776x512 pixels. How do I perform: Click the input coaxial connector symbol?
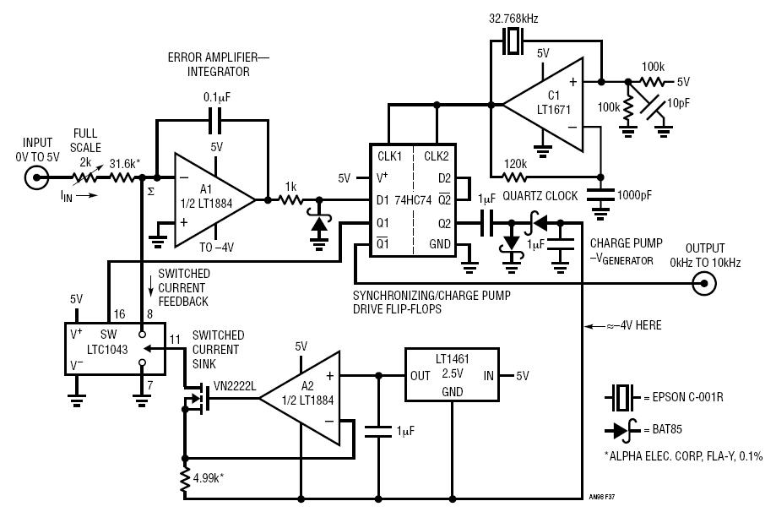point(37,177)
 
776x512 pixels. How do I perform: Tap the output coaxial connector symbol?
point(703,283)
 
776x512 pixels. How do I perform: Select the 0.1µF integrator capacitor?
point(215,120)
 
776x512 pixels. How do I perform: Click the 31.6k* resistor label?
point(125,163)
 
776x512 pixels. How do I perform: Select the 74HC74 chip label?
point(413,200)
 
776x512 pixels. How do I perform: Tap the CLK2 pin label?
point(436,156)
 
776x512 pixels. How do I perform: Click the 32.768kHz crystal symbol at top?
point(513,41)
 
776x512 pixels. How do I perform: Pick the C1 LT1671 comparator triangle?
point(544,105)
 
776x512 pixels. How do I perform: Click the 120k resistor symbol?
point(515,177)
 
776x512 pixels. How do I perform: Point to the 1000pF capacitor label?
point(634,195)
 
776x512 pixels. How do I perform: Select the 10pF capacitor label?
point(678,103)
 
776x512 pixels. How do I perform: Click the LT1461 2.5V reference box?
point(453,374)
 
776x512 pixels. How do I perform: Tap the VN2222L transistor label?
point(235,386)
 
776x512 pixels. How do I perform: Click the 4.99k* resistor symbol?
point(185,478)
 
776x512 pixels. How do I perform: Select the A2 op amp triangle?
point(300,398)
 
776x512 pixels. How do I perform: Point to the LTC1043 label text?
point(107,349)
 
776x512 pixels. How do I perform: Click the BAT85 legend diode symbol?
point(622,430)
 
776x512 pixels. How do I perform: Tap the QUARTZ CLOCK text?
point(540,196)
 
